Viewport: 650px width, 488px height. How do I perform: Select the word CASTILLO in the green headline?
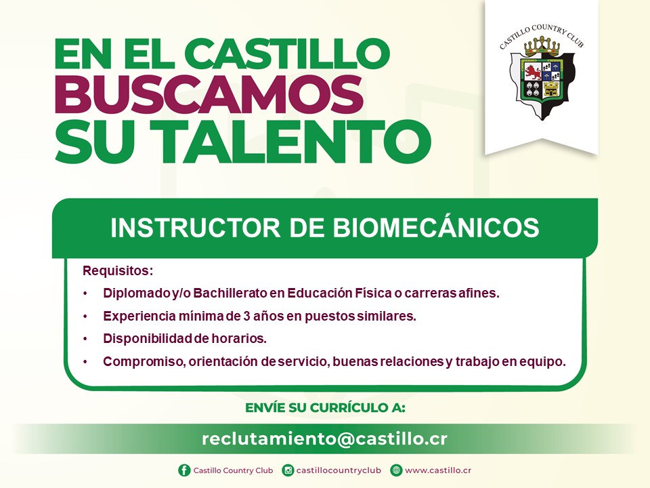[x=287, y=54]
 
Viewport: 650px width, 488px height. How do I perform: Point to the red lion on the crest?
[x=533, y=73]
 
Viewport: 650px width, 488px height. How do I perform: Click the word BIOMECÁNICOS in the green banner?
[x=436, y=228]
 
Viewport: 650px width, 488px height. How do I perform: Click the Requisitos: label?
[x=118, y=271]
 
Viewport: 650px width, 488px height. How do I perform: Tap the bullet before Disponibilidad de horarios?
[x=85, y=339]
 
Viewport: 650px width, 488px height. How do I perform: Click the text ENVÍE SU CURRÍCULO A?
[x=325, y=408]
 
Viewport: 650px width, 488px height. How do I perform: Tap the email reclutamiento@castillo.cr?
[x=324, y=439]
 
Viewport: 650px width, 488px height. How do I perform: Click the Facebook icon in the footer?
[x=184, y=470]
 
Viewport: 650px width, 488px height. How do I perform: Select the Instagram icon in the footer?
[x=288, y=470]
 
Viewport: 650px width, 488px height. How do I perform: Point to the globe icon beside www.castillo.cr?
[x=396, y=470]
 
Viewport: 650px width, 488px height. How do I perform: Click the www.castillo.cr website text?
[x=438, y=470]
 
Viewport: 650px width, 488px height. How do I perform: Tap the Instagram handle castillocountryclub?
[x=339, y=470]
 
